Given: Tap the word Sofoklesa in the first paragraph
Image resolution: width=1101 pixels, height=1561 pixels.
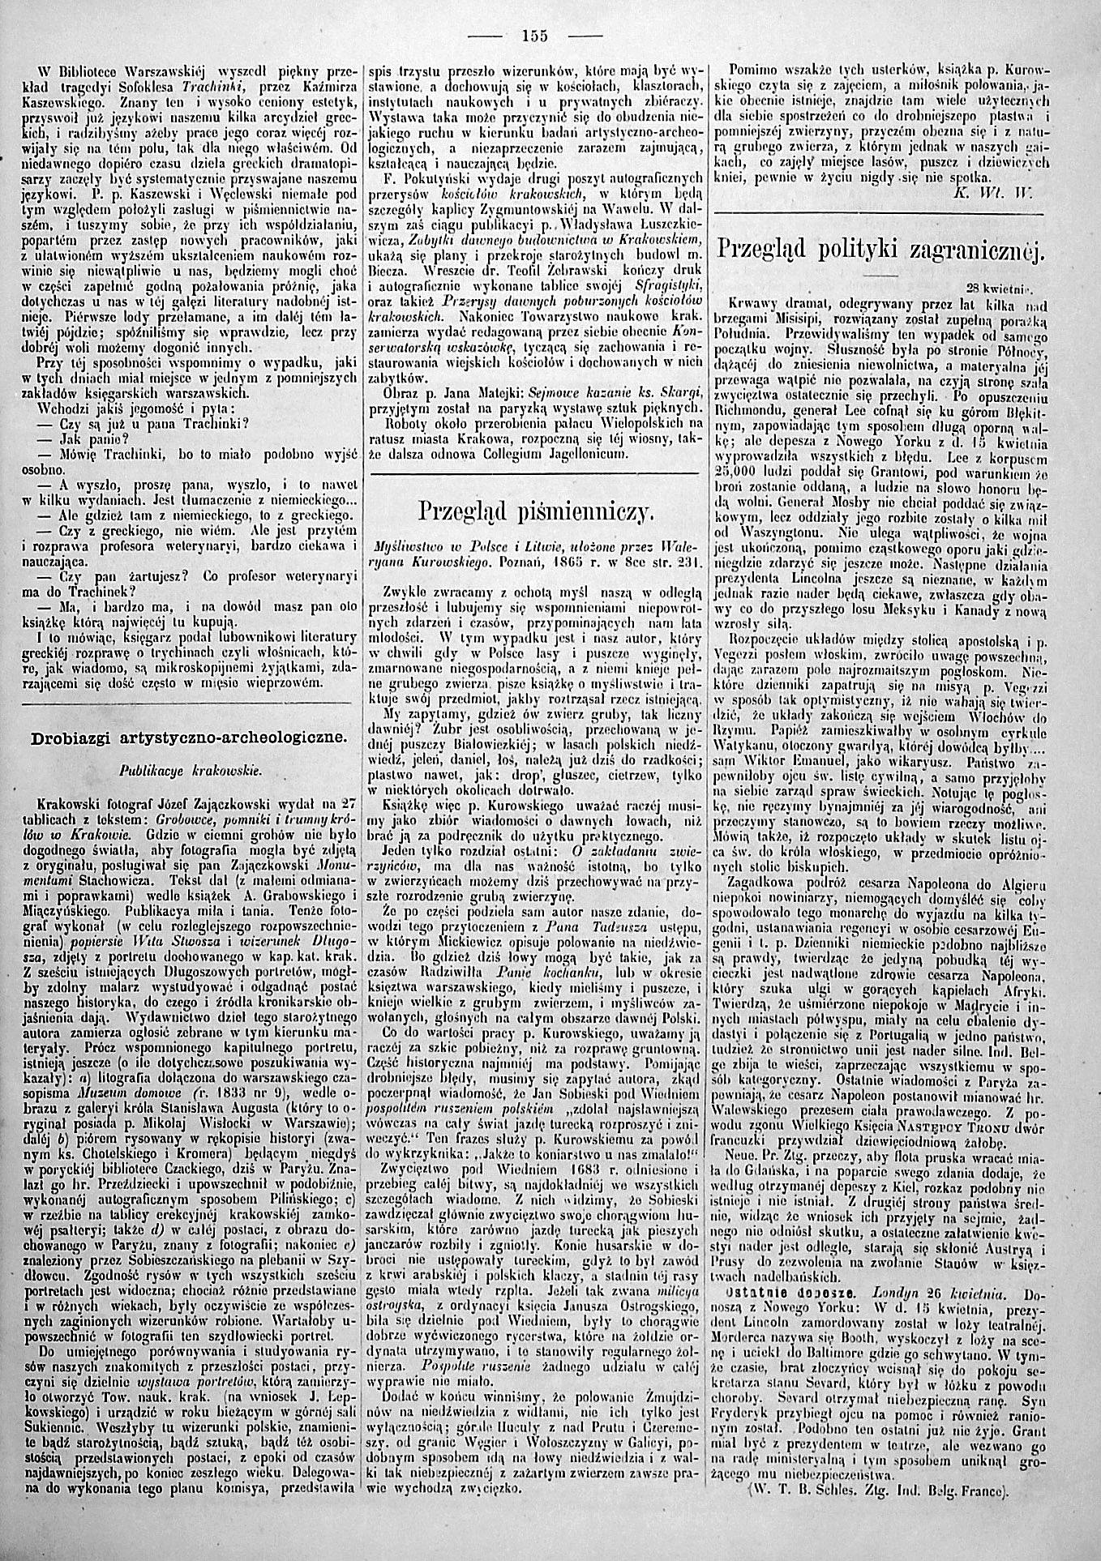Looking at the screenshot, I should click(145, 87).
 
